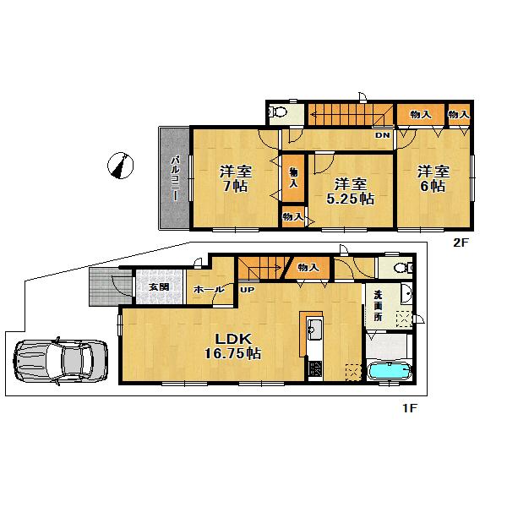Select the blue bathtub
(390, 372)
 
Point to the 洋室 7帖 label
(234, 177)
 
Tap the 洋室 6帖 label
(432, 177)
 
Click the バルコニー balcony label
(174, 177)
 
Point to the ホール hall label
(209, 290)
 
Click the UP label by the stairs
(248, 290)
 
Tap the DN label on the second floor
(382, 135)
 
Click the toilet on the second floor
(278, 112)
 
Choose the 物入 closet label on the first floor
(308, 268)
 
